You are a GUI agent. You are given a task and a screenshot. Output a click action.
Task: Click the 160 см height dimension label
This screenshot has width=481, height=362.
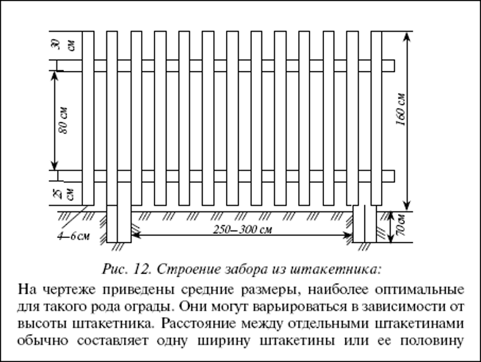click(401, 109)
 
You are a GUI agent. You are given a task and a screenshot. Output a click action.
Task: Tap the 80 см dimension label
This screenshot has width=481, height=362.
click(63, 120)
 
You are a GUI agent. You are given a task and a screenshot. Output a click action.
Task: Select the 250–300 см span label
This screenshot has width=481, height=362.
click(242, 230)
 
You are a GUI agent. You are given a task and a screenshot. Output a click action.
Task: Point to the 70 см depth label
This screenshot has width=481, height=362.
click(401, 226)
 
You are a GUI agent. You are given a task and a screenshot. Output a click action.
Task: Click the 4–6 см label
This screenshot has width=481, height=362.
click(73, 236)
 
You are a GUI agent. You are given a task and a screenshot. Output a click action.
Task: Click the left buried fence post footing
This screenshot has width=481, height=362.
click(119, 224)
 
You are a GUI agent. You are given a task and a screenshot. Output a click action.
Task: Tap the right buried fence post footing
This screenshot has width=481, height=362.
click(365, 224)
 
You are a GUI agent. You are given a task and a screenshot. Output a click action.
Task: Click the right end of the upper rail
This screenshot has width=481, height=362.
click(394, 66)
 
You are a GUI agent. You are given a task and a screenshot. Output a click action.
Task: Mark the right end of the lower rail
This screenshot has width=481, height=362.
click(394, 176)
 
